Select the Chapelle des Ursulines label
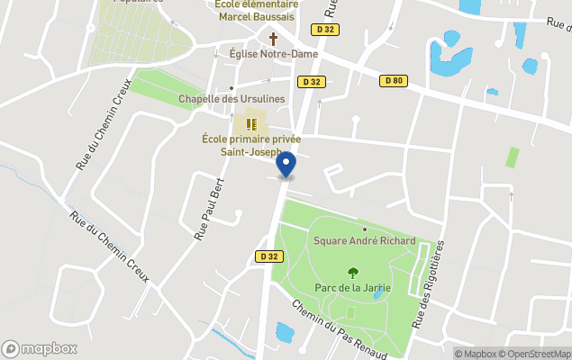(232, 98)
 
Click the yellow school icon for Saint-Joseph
(253, 122)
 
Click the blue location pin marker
(286, 165)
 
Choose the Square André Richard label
(364, 240)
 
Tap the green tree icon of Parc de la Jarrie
(351, 272)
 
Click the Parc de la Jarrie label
(351, 288)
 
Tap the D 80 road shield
(393, 81)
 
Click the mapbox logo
(41, 348)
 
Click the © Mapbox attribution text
(475, 354)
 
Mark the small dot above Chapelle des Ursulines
(232, 87)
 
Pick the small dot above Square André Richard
(364, 229)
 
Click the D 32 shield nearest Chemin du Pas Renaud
(268, 256)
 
